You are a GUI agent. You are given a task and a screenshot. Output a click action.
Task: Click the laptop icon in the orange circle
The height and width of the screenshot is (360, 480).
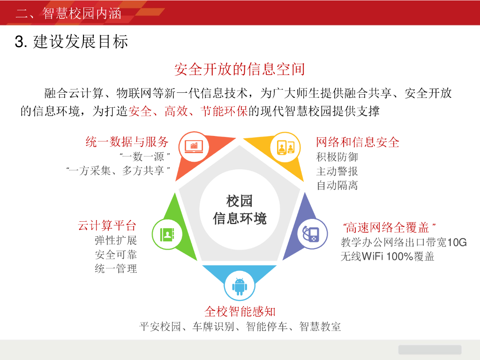[194, 147]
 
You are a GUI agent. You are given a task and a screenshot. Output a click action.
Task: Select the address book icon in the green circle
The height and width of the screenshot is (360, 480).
[167, 234]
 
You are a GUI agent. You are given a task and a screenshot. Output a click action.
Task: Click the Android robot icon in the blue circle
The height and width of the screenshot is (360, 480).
[240, 285]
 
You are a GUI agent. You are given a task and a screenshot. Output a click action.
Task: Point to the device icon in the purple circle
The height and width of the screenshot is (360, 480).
[312, 234]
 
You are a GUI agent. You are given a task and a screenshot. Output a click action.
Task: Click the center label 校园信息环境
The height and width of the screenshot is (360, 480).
[240, 210]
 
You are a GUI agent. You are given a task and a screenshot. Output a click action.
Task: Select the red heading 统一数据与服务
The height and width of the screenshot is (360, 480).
[127, 142]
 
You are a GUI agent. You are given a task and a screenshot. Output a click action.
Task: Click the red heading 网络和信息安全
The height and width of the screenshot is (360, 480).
[358, 142]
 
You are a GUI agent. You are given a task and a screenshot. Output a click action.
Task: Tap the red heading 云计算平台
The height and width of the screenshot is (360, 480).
[107, 226]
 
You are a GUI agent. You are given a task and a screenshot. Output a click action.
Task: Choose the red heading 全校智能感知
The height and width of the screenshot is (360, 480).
[240, 311]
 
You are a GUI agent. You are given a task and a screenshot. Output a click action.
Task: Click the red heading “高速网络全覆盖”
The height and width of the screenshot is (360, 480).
[390, 228]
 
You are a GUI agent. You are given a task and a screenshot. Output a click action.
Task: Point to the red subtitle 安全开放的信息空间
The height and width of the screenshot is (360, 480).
[240, 69]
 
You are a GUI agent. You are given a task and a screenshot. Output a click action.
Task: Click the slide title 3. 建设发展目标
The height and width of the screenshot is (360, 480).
[72, 42]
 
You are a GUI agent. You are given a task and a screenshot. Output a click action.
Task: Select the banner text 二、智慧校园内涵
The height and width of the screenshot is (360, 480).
[68, 13]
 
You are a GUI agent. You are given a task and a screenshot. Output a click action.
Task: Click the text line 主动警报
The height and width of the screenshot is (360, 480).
[337, 171]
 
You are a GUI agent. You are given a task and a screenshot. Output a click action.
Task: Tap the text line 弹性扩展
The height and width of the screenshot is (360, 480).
[116, 240]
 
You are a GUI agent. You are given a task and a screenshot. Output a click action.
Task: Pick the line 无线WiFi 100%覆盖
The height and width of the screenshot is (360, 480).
[387, 256]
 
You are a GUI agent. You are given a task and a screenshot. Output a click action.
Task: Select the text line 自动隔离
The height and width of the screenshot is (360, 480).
[337, 185]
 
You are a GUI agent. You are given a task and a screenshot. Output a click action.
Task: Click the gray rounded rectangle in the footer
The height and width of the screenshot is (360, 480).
[430, 350]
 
